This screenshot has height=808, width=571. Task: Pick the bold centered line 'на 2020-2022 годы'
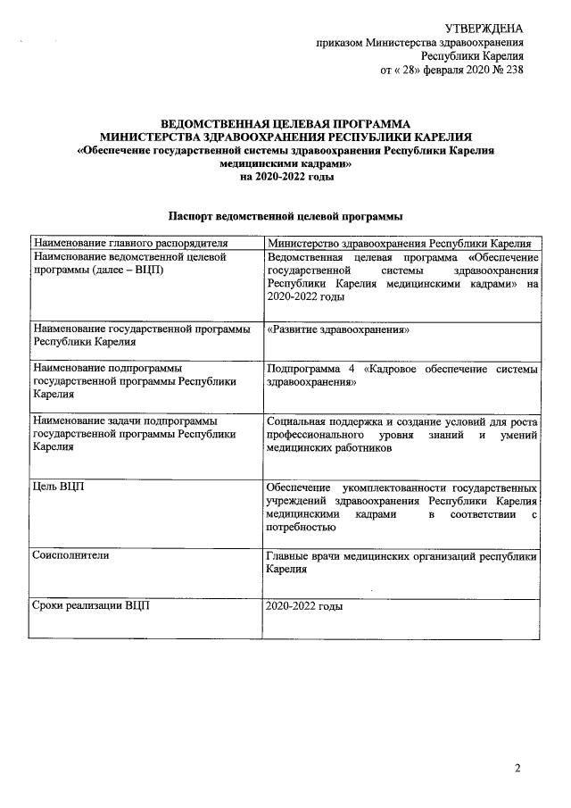[285, 177]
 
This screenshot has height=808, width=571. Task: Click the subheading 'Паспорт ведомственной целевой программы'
[285, 216]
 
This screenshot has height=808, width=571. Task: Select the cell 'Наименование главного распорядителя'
[130, 243]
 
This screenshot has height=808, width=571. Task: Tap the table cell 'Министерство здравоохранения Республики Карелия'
[400, 243]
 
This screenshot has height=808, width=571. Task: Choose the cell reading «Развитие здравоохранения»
[337, 330]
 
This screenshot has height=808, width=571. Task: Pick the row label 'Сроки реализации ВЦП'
[90, 606]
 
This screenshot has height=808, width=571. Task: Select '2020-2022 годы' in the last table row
[304, 606]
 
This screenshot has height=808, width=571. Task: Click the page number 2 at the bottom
[519, 768]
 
